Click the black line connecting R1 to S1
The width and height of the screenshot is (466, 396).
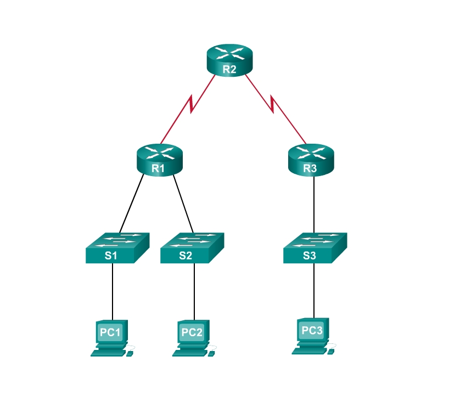pos(132,203)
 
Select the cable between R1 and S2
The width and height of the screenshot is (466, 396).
pos(184,203)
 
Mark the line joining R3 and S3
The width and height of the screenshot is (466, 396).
pos(313,203)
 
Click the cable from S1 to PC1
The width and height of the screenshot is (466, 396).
pos(113,291)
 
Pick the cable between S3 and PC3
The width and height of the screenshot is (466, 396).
pos(314,291)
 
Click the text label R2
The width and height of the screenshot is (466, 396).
pos(229,69)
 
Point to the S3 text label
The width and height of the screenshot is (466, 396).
pos(310,255)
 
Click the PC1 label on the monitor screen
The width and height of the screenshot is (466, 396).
pos(109,332)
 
